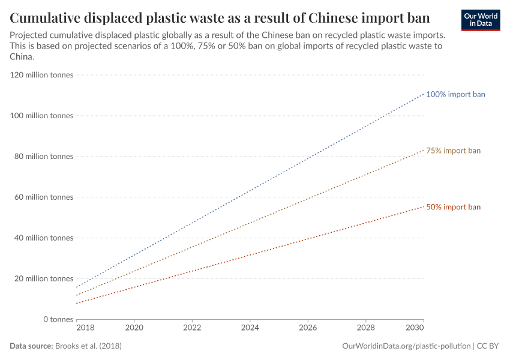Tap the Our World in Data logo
click(x=481, y=19)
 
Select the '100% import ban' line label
click(x=455, y=94)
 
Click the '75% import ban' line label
click(x=453, y=151)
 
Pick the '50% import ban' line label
click(x=453, y=207)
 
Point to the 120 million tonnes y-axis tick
click(x=42, y=75)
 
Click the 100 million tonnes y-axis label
click(x=42, y=116)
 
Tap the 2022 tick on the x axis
click(x=192, y=329)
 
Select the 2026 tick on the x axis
click(x=308, y=329)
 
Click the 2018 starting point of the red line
click(x=77, y=303)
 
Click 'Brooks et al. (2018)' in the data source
click(x=92, y=346)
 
